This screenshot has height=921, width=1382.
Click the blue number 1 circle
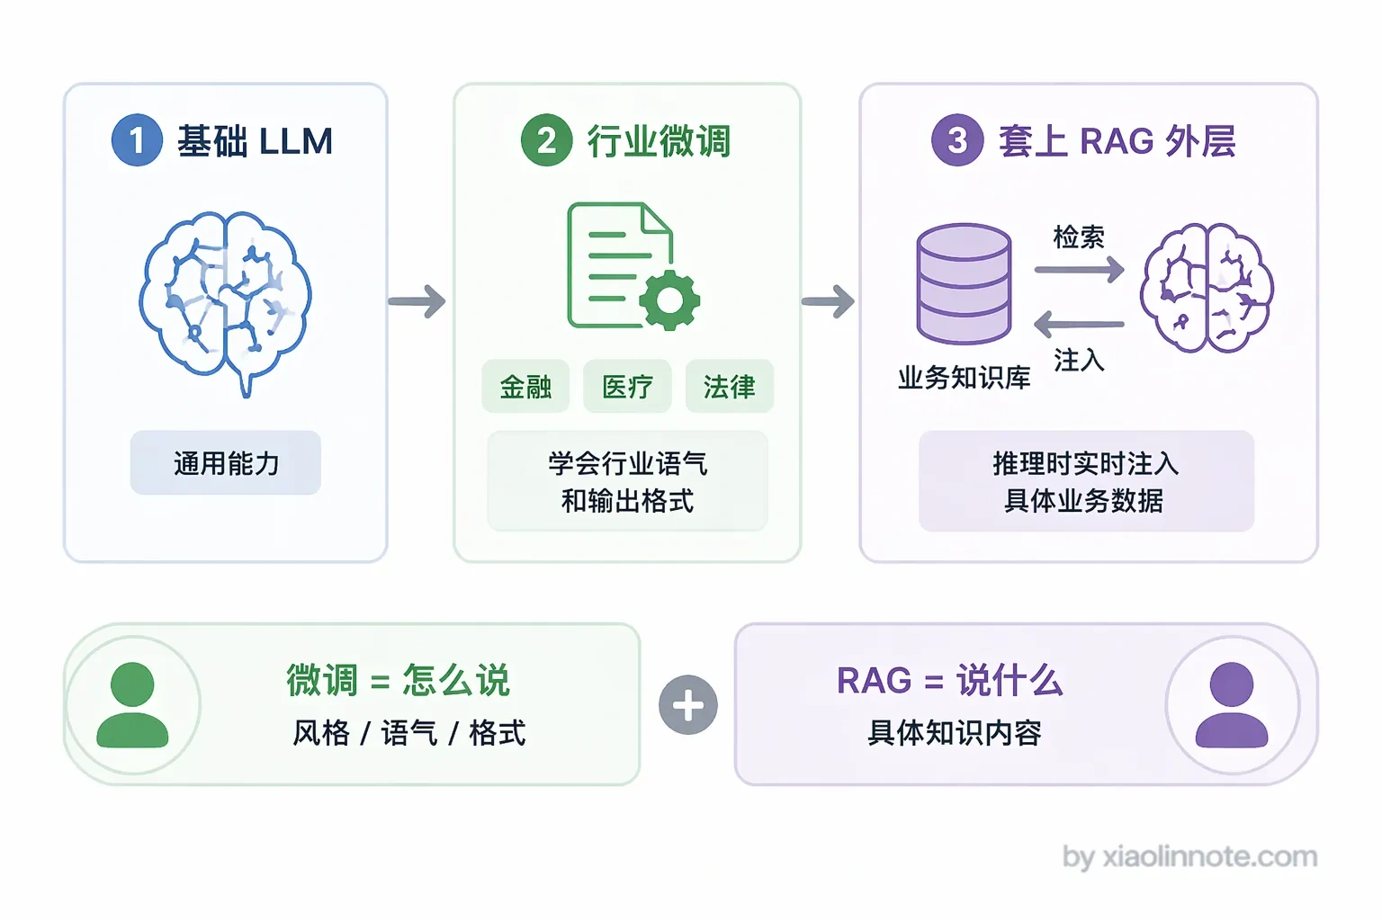tap(137, 140)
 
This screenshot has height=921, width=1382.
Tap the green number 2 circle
tap(547, 140)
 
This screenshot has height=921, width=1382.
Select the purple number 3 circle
tap(957, 140)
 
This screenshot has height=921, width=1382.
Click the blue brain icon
tap(226, 303)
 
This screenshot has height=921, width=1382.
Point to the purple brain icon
tap(1207, 288)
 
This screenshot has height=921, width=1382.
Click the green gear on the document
tap(669, 300)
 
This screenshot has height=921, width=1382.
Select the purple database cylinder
tap(964, 283)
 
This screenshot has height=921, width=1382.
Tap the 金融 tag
tap(525, 387)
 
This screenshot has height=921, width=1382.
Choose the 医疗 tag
tap(627, 387)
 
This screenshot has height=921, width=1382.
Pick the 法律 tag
tap(730, 387)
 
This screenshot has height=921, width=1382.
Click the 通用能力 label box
tap(226, 462)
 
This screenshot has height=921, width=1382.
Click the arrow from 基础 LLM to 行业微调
tap(417, 301)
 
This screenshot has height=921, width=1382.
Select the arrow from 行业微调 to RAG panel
tap(828, 301)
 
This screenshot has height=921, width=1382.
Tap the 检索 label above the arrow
tap(1079, 237)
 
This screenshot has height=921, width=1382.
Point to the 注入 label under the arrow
tap(1079, 360)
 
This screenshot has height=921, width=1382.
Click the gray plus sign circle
tap(688, 704)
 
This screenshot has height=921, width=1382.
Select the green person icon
tap(132, 705)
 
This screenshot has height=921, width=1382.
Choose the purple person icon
tap(1232, 705)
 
